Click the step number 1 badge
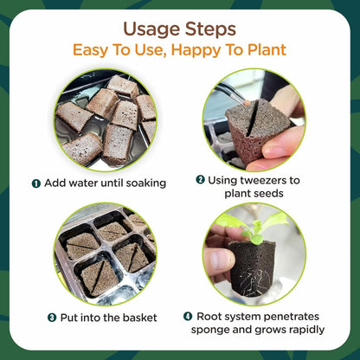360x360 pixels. (36, 183)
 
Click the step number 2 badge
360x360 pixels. (200, 179)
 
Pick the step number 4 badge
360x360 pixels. (188, 316)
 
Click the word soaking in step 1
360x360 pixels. (142, 183)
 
